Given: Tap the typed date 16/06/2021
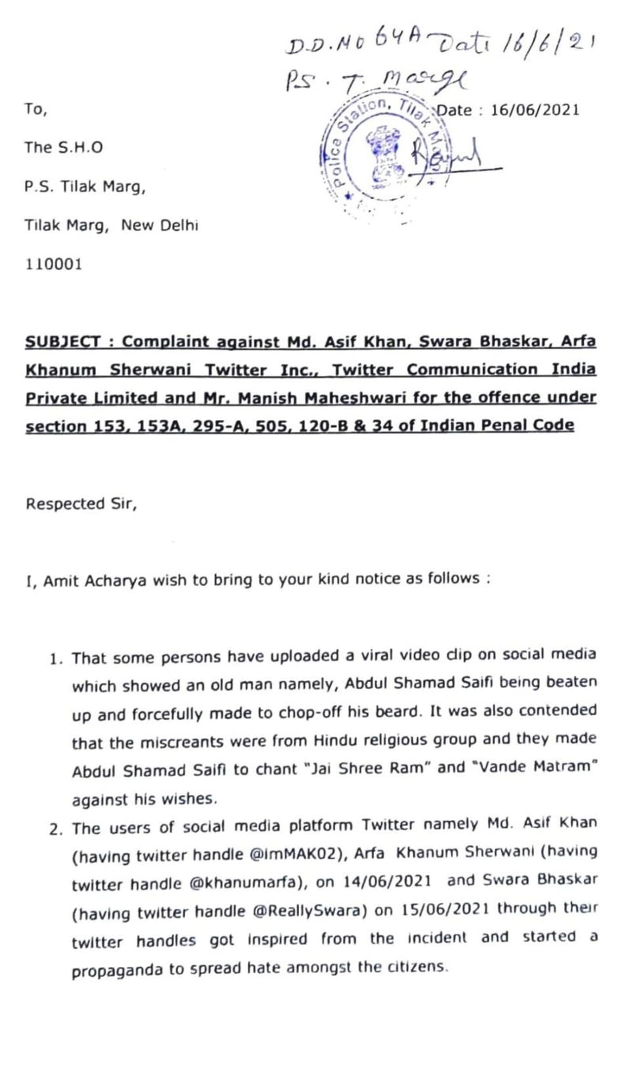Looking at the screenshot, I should tap(535, 110).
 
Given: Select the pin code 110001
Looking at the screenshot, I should tap(54, 264).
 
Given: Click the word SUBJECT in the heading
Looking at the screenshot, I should tap(63, 341).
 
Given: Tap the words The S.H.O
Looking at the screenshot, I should tap(64, 147).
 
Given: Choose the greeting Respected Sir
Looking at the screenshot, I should tap(81, 504).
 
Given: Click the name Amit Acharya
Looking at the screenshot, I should tap(94, 581).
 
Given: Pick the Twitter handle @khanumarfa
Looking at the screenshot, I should tap(245, 883).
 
